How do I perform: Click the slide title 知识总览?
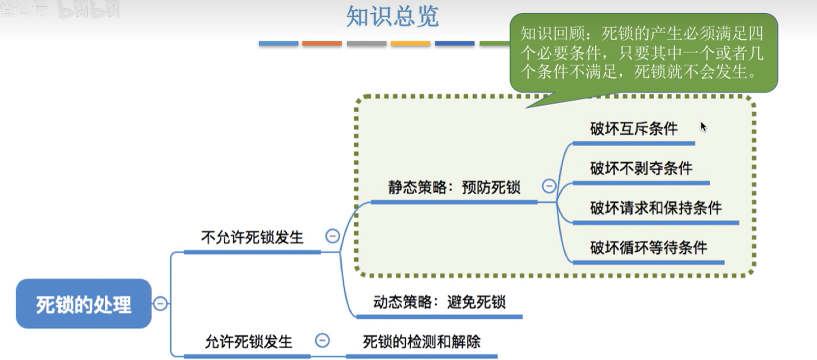click(392, 16)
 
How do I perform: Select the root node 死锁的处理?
click(84, 304)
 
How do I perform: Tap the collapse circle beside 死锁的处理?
click(160, 303)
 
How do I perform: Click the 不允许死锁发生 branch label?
click(252, 238)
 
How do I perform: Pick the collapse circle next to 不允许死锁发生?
click(333, 236)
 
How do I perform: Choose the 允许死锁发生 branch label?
click(248, 342)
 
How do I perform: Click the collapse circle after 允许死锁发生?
click(322, 340)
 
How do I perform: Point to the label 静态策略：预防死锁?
click(454, 187)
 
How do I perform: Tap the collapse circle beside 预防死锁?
click(549, 186)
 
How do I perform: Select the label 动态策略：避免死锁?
click(439, 302)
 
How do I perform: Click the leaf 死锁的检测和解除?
click(422, 342)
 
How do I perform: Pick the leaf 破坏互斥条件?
click(634, 129)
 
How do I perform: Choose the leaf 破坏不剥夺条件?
click(641, 169)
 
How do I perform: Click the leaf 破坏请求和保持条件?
click(656, 208)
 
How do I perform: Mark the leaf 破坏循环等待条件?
click(648, 247)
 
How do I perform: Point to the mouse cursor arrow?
click(703, 127)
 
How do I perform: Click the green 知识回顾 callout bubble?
click(643, 53)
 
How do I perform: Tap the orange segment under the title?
click(322, 44)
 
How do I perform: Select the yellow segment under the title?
click(410, 44)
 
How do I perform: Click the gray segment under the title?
click(366, 44)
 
